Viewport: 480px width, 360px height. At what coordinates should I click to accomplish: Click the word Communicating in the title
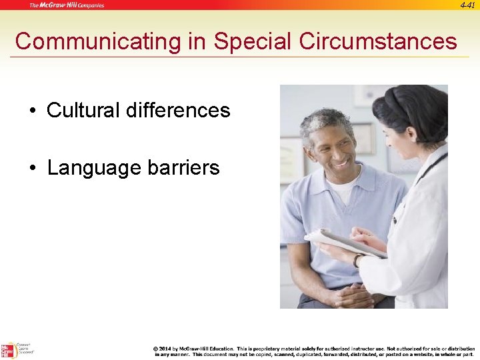[98, 41]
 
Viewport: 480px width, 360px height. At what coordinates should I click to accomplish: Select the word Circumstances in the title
[378, 41]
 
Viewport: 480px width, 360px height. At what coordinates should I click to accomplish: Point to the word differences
[181, 110]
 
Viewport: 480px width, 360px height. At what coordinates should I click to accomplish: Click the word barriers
[183, 167]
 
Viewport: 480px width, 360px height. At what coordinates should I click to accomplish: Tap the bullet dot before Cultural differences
[33, 111]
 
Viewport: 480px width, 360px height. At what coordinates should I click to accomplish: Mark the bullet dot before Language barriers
[33, 168]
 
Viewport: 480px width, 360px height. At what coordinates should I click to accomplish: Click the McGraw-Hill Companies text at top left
[66, 5]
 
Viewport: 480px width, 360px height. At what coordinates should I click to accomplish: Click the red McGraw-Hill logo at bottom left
[9, 351]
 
